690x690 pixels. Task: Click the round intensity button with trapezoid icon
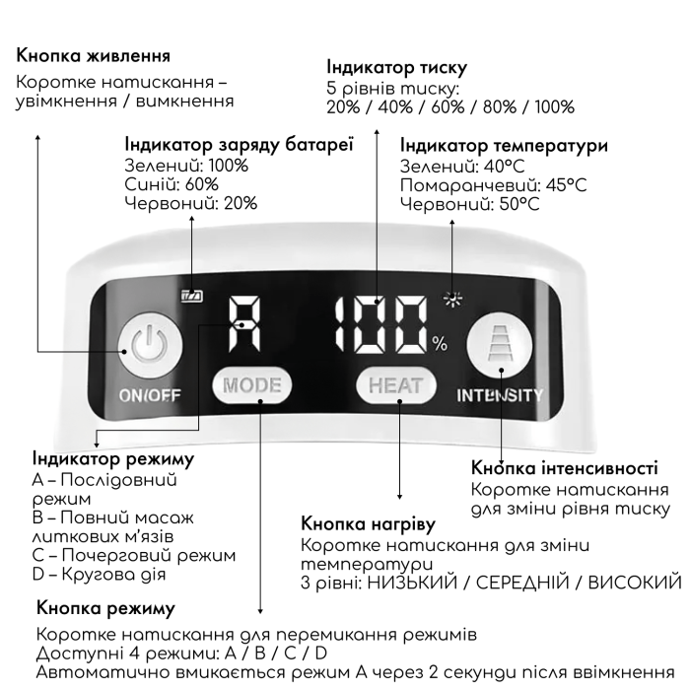pyautogui.click(x=493, y=344)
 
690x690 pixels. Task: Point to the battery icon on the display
pyautogui.click(x=192, y=296)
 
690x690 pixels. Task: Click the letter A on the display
pyautogui.click(x=244, y=324)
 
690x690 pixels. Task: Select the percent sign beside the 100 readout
pyautogui.click(x=440, y=344)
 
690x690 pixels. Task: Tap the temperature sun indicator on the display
pyautogui.click(x=452, y=300)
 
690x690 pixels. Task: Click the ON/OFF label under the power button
pyautogui.click(x=150, y=395)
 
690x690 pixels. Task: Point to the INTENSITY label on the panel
pyautogui.click(x=500, y=395)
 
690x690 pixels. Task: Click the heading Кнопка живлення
pyautogui.click(x=94, y=56)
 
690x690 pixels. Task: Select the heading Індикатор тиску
pyautogui.click(x=397, y=68)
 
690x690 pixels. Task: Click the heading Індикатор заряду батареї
pyautogui.click(x=239, y=145)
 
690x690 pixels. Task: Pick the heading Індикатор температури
pyautogui.click(x=505, y=146)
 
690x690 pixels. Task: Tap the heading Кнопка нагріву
pyautogui.click(x=369, y=524)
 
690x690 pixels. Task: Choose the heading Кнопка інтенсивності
pyautogui.click(x=565, y=468)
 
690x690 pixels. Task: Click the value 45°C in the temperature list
pyautogui.click(x=567, y=185)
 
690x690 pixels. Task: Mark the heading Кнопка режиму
pyautogui.click(x=106, y=608)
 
